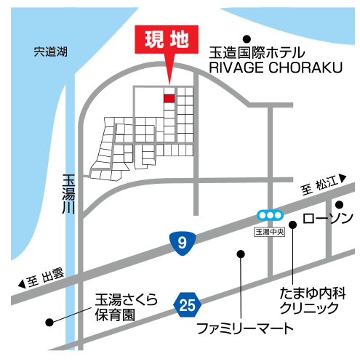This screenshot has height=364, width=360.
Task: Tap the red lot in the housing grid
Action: click(x=169, y=98)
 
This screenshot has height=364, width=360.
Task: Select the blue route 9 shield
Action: click(x=183, y=243)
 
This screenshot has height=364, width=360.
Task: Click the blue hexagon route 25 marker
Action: click(x=187, y=304)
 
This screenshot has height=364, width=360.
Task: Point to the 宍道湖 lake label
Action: click(x=50, y=52)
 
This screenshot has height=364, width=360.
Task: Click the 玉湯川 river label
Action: click(x=68, y=194)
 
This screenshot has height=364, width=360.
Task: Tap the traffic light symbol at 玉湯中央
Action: click(x=270, y=215)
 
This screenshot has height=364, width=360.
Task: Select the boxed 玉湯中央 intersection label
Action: click(x=269, y=232)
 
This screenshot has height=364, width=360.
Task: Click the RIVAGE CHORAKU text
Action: click(x=276, y=68)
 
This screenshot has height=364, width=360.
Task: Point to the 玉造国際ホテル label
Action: click(x=257, y=53)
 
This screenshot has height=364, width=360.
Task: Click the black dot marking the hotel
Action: click(x=247, y=39)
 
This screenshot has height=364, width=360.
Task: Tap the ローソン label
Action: click(x=327, y=218)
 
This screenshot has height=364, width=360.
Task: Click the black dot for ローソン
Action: click(x=339, y=205)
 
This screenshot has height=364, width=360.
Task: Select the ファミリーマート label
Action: click(x=245, y=328)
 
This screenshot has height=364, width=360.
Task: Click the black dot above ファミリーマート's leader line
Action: click(x=241, y=254)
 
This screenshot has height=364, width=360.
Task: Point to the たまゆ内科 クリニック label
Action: click(x=313, y=301)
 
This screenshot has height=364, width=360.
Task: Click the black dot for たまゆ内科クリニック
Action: click(x=293, y=225)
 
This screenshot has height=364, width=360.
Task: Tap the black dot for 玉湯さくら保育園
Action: click(x=49, y=322)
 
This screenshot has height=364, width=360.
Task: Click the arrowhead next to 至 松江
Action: click(x=343, y=178)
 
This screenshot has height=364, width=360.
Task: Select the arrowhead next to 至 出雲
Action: click(x=22, y=283)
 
